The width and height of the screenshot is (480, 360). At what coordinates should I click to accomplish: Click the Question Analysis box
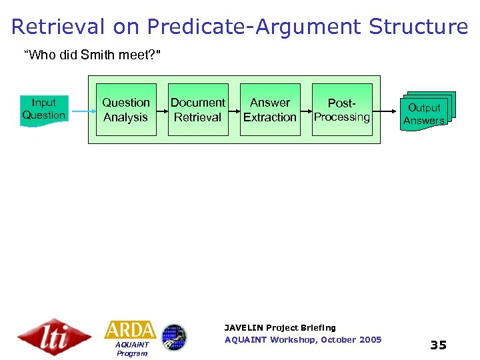(x=126, y=110)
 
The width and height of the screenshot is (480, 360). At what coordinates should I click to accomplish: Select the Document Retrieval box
(x=198, y=110)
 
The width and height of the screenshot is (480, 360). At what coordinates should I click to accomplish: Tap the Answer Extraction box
(x=270, y=110)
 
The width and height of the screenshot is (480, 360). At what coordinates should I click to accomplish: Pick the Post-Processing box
(x=342, y=110)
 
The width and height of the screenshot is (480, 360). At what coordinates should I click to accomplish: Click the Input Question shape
(x=44, y=109)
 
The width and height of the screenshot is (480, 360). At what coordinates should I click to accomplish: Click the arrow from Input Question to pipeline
(x=79, y=110)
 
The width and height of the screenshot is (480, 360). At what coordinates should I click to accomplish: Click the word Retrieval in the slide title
(x=59, y=27)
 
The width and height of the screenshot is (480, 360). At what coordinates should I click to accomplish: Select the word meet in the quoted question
(x=133, y=55)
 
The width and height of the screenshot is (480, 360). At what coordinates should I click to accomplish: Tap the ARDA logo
(x=131, y=330)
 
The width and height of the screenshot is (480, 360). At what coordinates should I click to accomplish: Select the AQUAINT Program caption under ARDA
(x=131, y=349)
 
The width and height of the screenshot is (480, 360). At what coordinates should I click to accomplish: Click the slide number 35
(x=438, y=345)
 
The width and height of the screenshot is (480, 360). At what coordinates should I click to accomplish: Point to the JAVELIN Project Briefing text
(x=280, y=328)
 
